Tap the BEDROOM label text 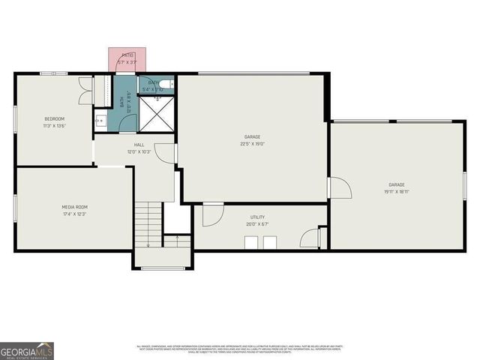[55, 118]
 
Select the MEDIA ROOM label [74, 207]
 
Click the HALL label [139, 145]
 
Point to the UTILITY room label [257, 217]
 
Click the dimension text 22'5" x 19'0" [254, 144]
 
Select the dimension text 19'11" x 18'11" [396, 191]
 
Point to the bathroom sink [99, 120]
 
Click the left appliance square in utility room [251, 241]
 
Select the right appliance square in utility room [269, 241]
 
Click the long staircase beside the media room [148, 223]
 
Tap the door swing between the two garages [339, 187]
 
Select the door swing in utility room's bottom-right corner [310, 238]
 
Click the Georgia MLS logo [26, 350]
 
